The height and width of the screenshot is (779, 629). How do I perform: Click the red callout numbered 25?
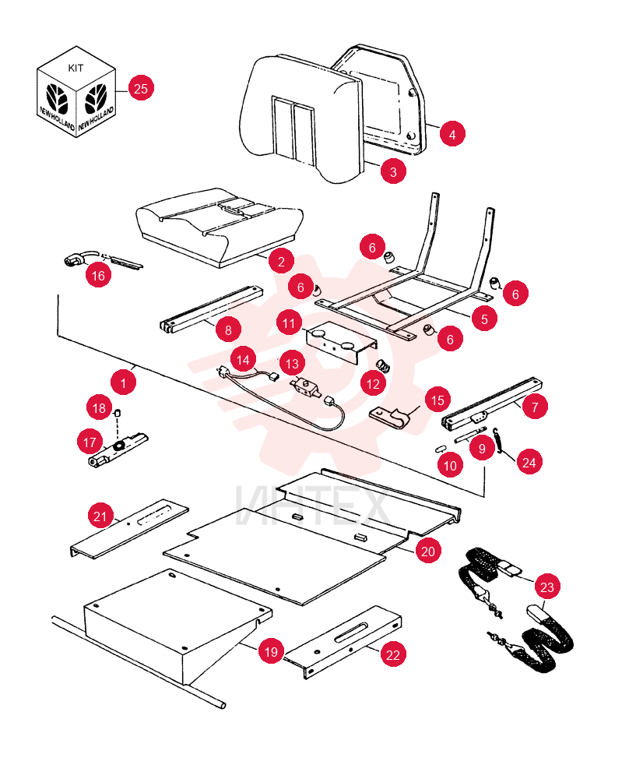coord(141,89)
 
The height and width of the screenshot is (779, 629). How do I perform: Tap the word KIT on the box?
coord(76,68)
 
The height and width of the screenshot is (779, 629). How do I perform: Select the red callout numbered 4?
coord(452,134)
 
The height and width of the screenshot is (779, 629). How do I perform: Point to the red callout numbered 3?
coord(393,172)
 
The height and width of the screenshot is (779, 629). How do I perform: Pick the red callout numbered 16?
coord(98,276)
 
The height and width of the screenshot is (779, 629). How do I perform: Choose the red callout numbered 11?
coord(289,323)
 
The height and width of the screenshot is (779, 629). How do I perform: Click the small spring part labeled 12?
coord(383,366)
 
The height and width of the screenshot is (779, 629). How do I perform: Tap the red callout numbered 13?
coord(293,364)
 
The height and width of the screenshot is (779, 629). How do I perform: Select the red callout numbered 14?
coord(243,360)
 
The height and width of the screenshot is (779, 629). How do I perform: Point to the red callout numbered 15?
coord(437,400)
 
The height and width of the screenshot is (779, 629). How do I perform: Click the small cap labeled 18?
coord(118,413)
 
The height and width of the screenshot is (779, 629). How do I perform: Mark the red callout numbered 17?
coord(90,442)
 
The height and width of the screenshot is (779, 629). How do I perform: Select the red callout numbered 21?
coord(100,516)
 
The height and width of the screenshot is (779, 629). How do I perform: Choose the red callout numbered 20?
coord(428,551)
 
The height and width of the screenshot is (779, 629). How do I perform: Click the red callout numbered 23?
coord(546,587)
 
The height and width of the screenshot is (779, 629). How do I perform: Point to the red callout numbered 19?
coord(271,651)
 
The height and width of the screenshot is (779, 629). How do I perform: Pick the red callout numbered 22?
coord(393,655)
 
